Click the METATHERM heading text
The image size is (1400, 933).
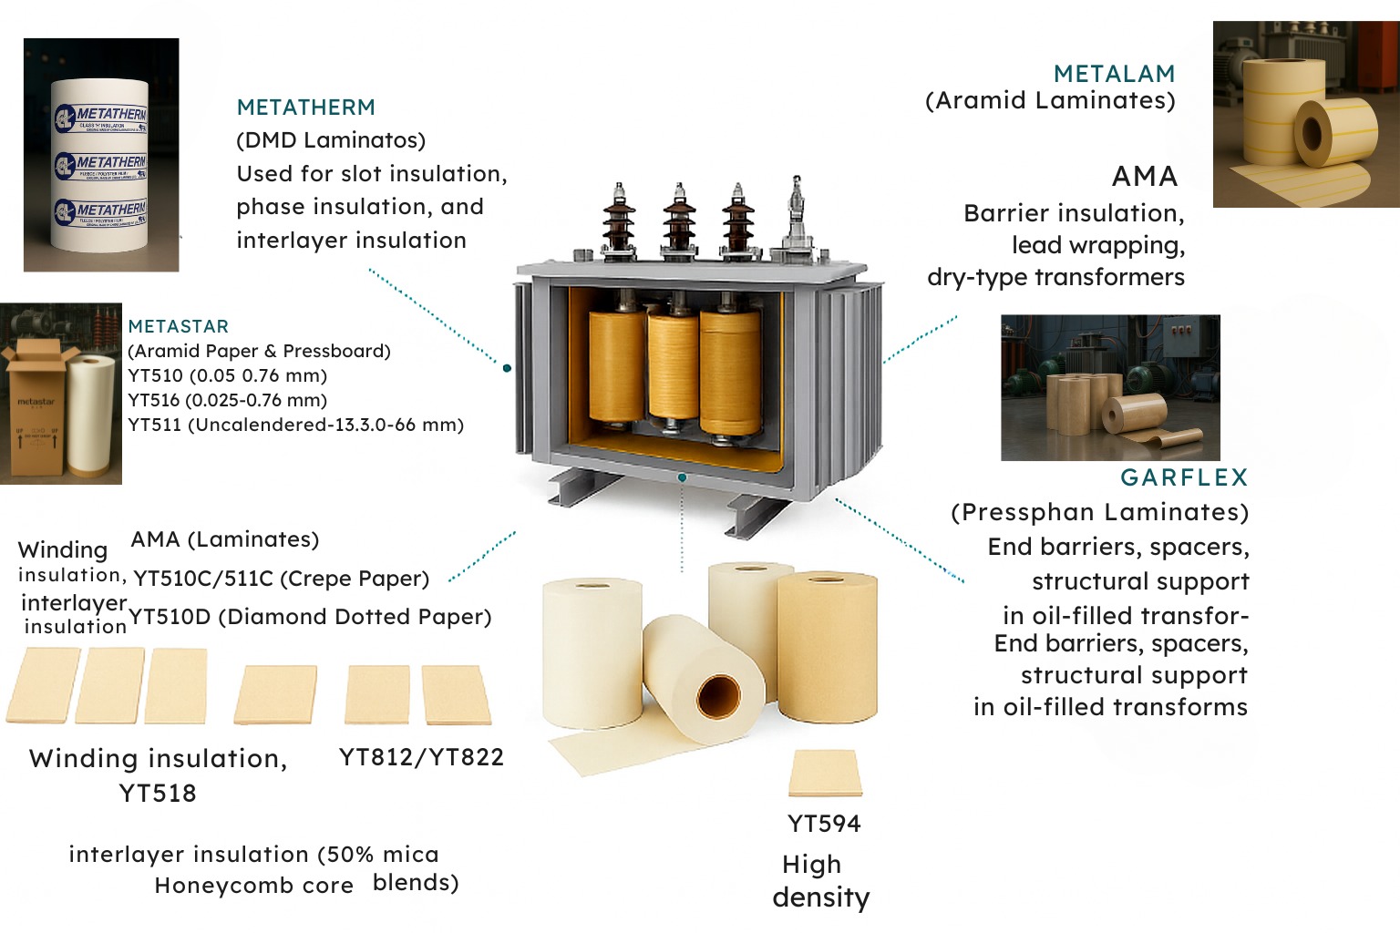pyautogui.click(x=305, y=108)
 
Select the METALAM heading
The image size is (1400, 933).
pyautogui.click(x=1114, y=74)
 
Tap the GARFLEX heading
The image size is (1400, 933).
pyautogui.click(x=1183, y=477)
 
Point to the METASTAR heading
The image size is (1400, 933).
pyautogui.click(x=178, y=326)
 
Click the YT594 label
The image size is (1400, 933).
pyautogui.click(x=824, y=824)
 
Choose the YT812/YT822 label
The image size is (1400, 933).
pyautogui.click(x=421, y=757)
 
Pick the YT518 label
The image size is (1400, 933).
pyautogui.click(x=158, y=793)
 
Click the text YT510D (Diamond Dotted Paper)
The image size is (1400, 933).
pyautogui.click(x=310, y=617)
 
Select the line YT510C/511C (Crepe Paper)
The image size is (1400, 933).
pyautogui.click(x=281, y=579)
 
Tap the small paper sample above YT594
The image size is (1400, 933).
pyautogui.click(x=825, y=773)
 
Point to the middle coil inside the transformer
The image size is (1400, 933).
pyautogui.click(x=673, y=369)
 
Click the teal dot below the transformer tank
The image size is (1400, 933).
pyautogui.click(x=682, y=477)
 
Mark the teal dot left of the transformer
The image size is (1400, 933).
pyautogui.click(x=507, y=368)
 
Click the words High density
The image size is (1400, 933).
pyautogui.click(x=820, y=881)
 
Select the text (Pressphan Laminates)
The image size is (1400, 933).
pyautogui.click(x=1099, y=512)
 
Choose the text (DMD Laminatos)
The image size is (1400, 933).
pyautogui.click(x=331, y=140)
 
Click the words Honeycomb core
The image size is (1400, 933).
pyautogui.click(x=253, y=886)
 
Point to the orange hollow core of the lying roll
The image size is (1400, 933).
pyautogui.click(x=717, y=697)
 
